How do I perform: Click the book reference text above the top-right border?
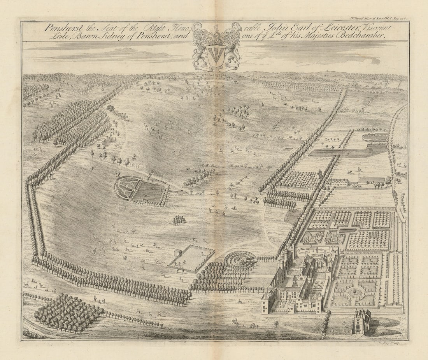[377, 18]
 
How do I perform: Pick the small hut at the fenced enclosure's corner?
[178, 252]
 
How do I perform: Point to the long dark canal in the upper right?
[342, 152]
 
